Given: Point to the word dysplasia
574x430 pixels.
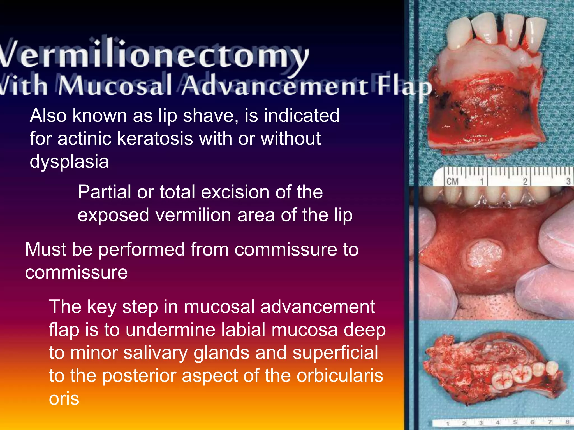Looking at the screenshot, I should click(69, 162).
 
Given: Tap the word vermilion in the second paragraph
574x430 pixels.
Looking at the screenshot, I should click(193, 215).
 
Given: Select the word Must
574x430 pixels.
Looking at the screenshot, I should click(45, 249).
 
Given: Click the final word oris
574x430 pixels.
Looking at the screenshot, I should click(64, 399).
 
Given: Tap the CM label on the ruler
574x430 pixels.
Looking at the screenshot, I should click(452, 181).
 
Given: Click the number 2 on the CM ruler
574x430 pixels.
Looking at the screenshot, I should click(525, 182).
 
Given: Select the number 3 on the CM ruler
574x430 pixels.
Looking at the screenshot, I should click(568, 181).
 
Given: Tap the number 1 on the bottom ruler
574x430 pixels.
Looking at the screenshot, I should click(448, 423).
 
